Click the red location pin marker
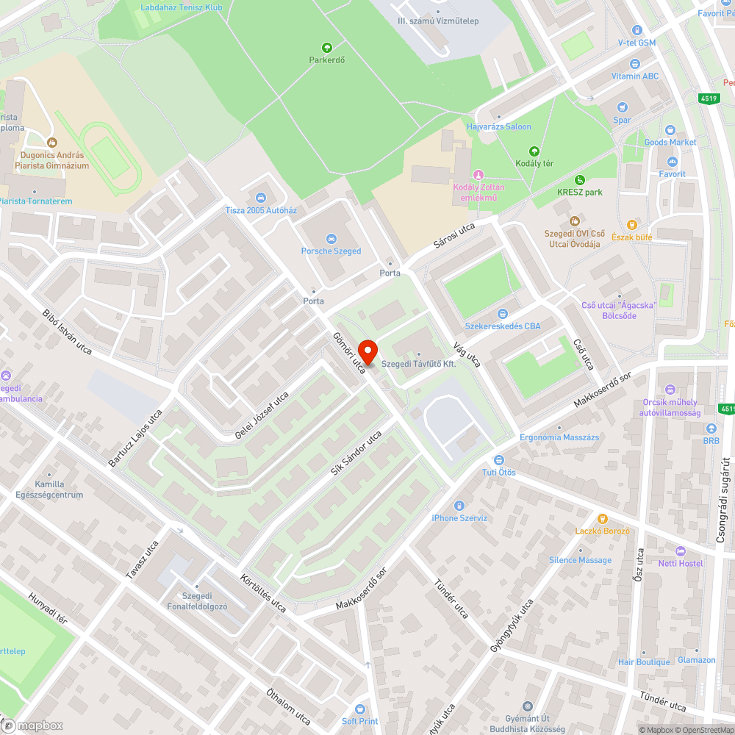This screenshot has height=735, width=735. click(x=367, y=351)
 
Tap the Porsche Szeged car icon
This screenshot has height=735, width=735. click(x=331, y=239)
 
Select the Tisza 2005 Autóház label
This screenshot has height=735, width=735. click(x=261, y=210)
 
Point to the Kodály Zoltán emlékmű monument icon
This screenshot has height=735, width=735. click(x=478, y=174)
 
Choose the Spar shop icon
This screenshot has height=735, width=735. click(x=623, y=108)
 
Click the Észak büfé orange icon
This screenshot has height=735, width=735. click(x=631, y=225)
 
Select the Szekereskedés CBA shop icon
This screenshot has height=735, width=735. click(x=503, y=315)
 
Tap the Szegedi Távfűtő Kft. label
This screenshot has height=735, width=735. click(x=419, y=365)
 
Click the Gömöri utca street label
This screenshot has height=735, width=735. click(x=349, y=352)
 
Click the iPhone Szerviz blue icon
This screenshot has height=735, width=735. click(x=459, y=506)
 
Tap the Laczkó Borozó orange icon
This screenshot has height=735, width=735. click(x=602, y=519)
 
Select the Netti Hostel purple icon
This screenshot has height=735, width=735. click(x=680, y=551)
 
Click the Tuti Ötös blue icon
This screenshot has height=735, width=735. click(x=498, y=460)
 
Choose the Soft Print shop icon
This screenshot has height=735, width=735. click(x=360, y=709)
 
